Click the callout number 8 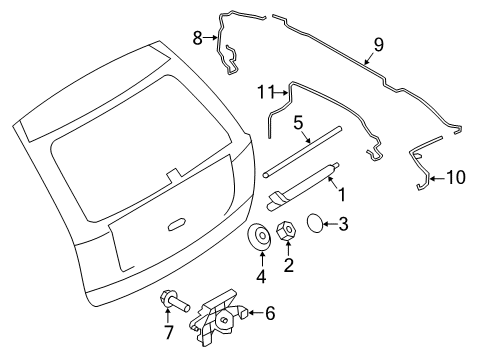[x=198, y=38]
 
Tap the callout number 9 [x=379, y=45]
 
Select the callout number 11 [x=266, y=92]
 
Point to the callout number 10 [x=456, y=177]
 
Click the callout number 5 [x=298, y=123]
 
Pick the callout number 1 [x=342, y=195]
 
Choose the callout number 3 [x=343, y=224]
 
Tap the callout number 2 [x=289, y=265]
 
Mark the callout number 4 [x=261, y=276]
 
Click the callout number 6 [x=270, y=313]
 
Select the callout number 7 [x=169, y=332]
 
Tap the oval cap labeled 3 [x=314, y=223]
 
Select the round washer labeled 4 [x=259, y=237]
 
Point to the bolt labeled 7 [x=175, y=300]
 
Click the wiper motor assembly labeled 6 [x=218, y=317]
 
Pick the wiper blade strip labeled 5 [x=302, y=152]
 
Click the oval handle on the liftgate [x=176, y=224]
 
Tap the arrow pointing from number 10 [x=437, y=179]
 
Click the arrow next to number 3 [x=330, y=224]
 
